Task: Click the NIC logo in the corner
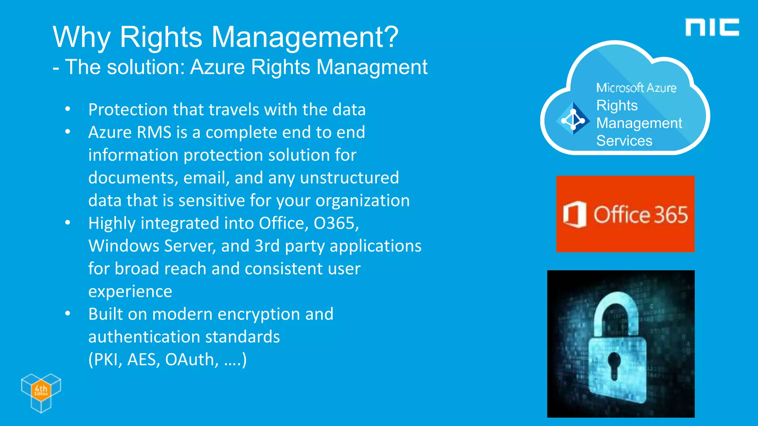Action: [712, 27]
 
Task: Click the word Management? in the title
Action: [305, 38]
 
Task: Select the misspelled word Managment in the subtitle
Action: [372, 68]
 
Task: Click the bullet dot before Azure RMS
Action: [67, 132]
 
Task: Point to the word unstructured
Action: [349, 178]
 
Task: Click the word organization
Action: [362, 201]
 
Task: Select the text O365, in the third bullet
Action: [336, 223]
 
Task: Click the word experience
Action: [130, 292]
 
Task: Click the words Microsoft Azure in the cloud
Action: [636, 88]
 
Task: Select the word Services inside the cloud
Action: [624, 141]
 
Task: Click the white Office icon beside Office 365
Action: [574, 214]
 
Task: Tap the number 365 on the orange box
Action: [671, 215]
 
